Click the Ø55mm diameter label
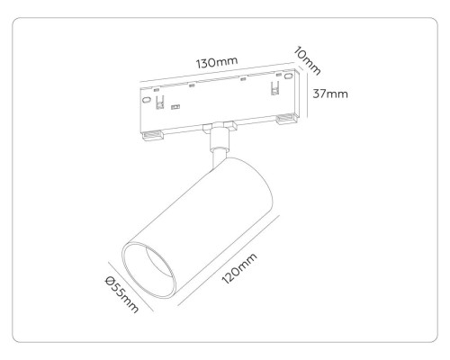[x=120, y=294]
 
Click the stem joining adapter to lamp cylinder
[x=217, y=148]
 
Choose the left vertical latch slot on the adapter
[x=161, y=106]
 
